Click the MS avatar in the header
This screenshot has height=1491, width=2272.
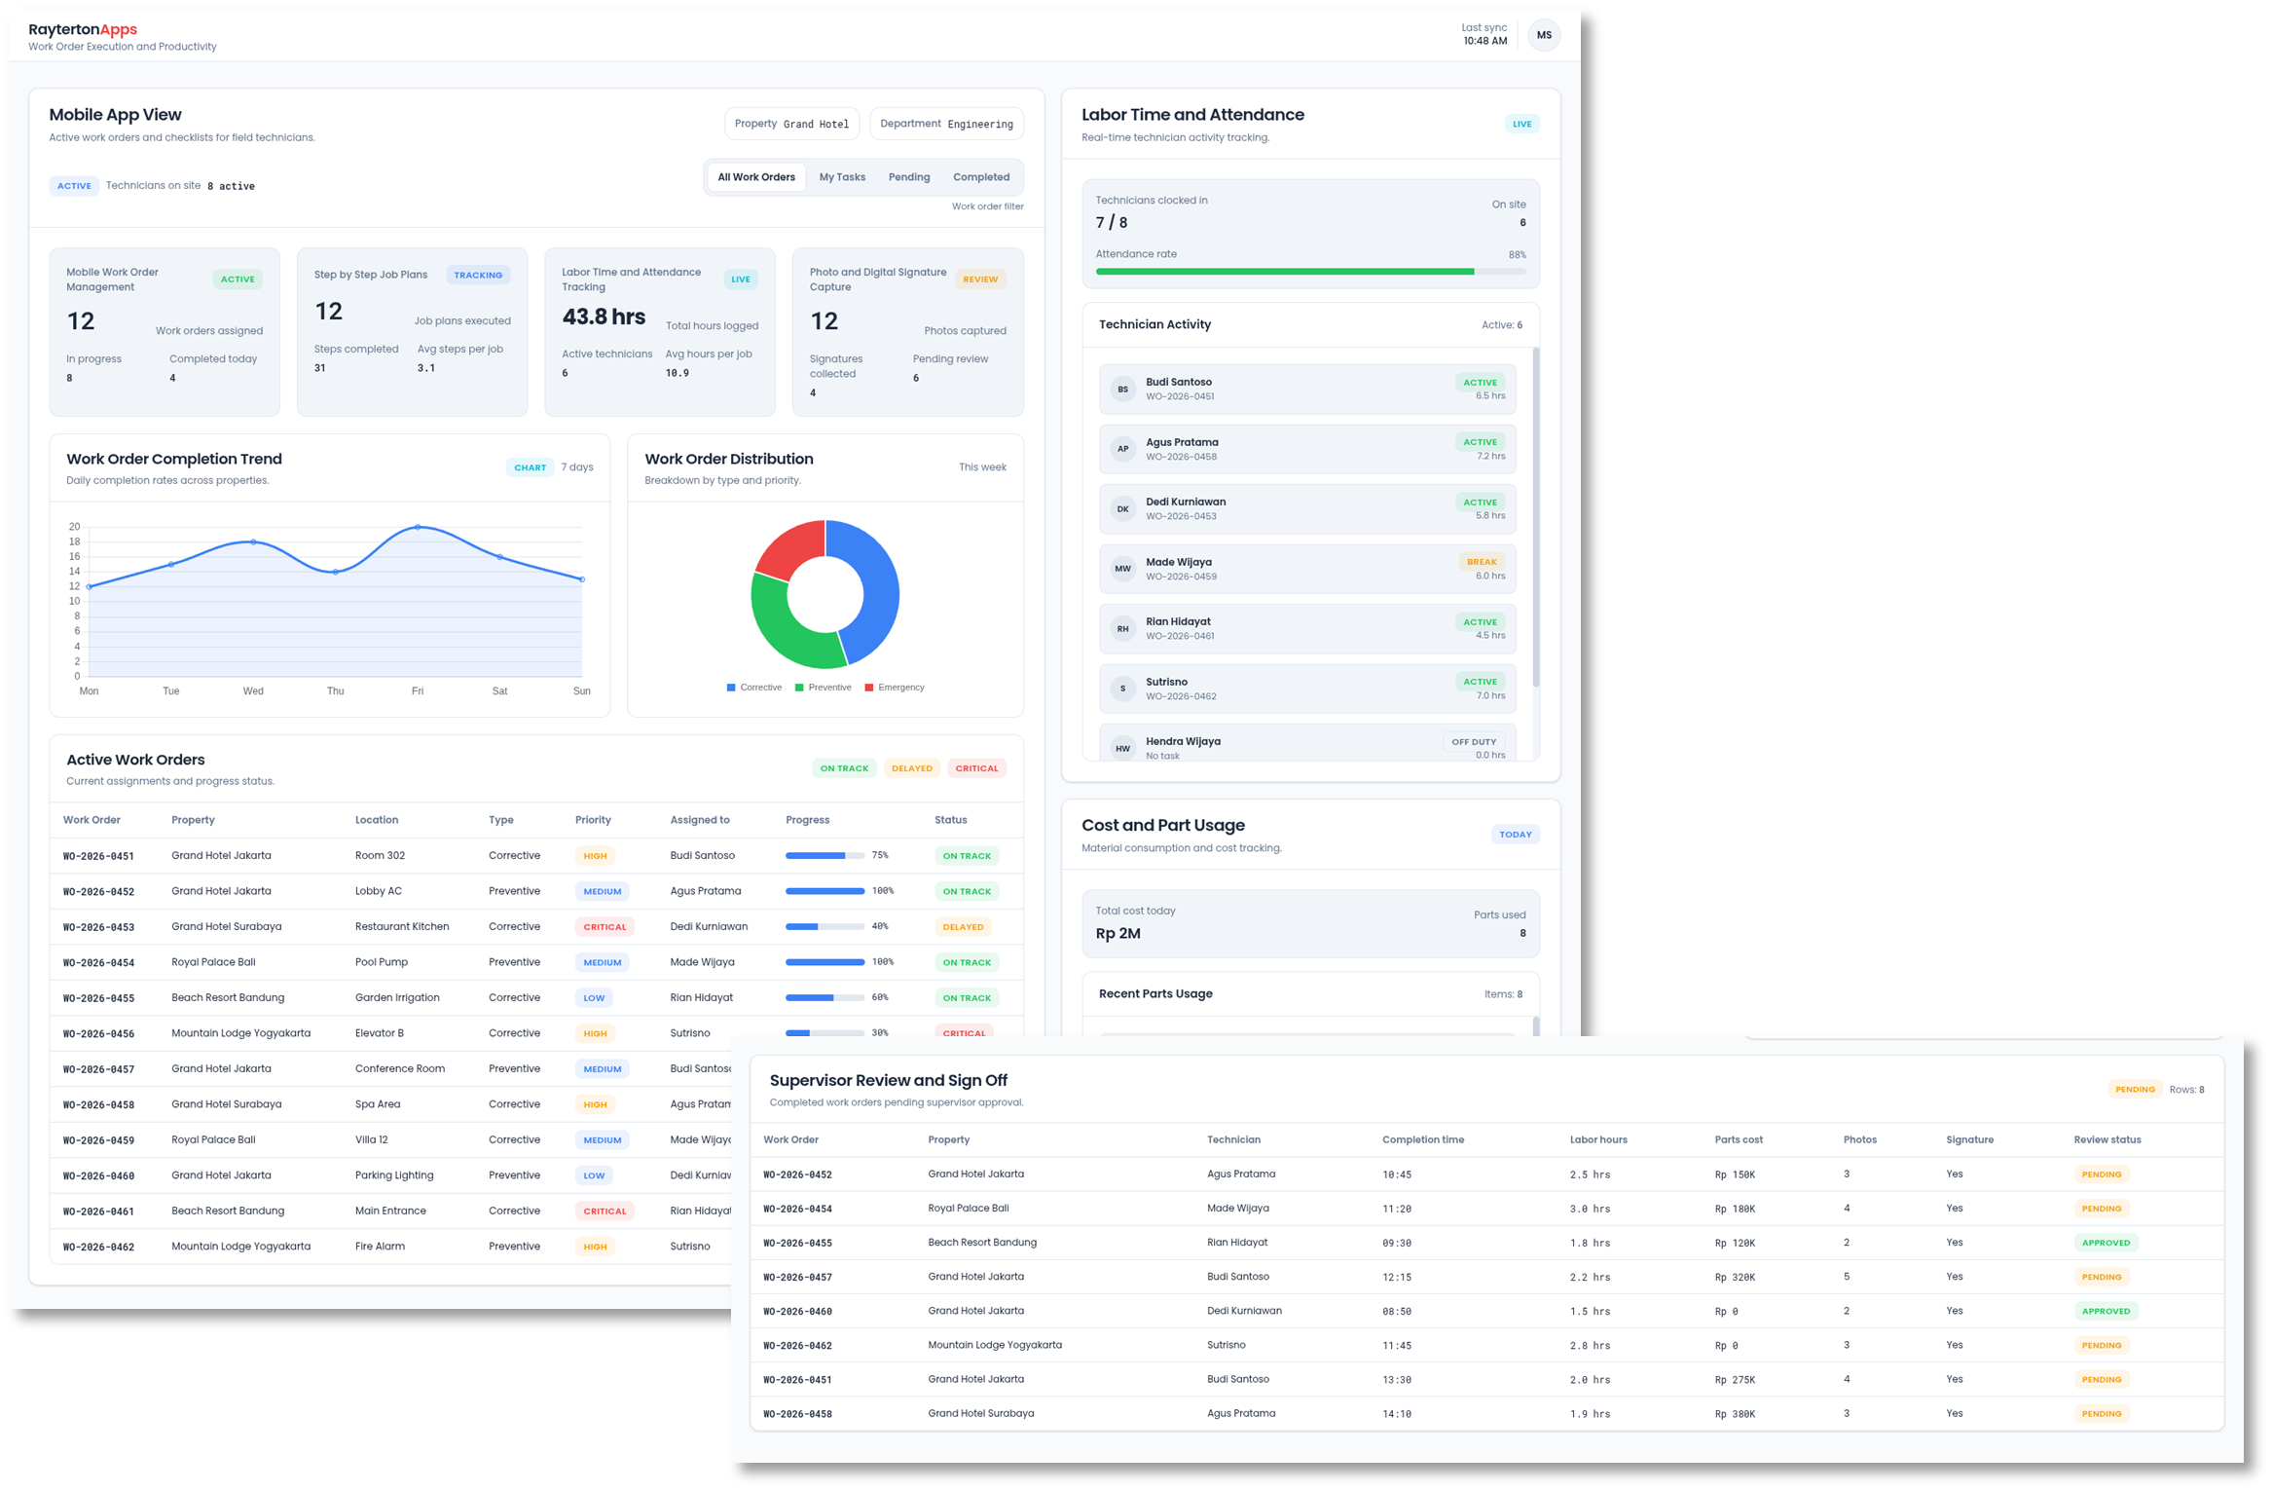point(1544,35)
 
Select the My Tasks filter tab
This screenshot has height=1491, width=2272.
point(842,177)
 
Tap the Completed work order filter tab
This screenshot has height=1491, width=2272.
point(980,177)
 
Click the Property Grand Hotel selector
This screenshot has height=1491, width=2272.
point(791,124)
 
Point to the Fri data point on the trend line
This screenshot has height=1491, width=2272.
point(418,527)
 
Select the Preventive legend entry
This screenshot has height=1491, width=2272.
point(824,688)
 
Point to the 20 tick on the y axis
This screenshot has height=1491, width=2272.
point(75,527)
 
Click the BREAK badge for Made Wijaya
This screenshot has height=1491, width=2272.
point(1482,562)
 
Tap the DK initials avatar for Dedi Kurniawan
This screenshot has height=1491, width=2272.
point(1122,509)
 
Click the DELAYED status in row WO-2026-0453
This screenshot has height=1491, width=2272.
point(963,927)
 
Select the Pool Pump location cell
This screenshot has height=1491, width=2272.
point(382,962)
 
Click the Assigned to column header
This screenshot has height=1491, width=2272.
point(699,820)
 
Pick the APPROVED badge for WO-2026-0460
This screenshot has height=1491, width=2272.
point(2106,1311)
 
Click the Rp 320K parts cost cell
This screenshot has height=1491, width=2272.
point(1735,1277)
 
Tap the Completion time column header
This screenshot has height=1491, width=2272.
point(1422,1139)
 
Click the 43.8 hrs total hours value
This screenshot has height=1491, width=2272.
point(604,317)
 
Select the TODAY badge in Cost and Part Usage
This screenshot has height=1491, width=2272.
point(1515,835)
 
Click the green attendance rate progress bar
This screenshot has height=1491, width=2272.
point(1284,272)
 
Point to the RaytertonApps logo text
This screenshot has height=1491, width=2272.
point(83,29)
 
